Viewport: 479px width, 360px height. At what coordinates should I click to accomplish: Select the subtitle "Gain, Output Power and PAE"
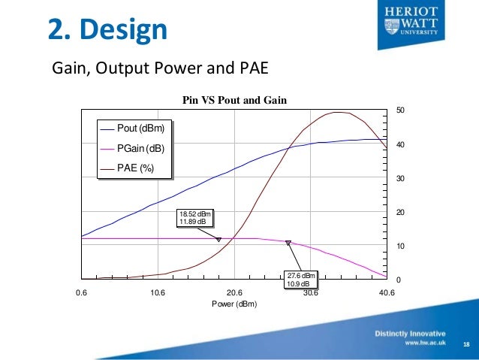coord(159,69)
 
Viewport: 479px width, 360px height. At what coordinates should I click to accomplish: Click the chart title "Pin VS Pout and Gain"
coord(235,100)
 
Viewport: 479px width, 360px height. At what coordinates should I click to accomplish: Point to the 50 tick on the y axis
coord(400,110)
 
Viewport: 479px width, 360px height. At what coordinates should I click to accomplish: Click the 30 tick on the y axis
coord(400,179)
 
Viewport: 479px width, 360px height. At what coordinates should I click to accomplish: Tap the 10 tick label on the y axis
coord(400,247)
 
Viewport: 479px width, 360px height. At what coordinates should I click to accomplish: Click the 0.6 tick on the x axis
coord(80,293)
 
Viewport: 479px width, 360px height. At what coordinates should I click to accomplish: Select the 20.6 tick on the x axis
coord(233,293)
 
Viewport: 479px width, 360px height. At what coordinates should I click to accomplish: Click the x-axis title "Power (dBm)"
coord(233,304)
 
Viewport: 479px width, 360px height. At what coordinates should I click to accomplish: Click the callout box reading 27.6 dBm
coord(301,279)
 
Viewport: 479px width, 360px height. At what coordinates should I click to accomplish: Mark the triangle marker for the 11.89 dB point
coord(218,240)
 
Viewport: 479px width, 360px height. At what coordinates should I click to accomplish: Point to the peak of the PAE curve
coord(339,112)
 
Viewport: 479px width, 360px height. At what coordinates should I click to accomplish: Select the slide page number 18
coord(466,344)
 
